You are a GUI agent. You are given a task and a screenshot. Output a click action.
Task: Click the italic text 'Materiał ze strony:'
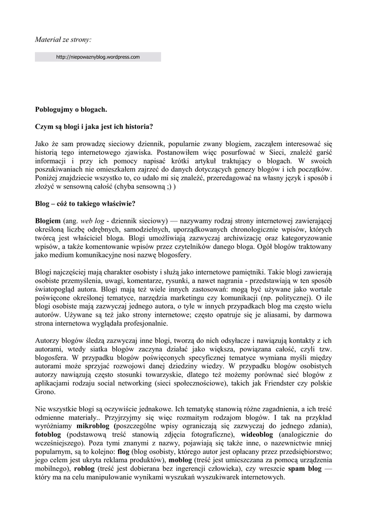pos(63,39)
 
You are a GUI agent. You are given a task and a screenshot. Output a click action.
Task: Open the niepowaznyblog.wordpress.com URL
pos(98,57)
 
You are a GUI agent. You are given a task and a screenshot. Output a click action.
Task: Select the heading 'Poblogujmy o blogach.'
pos(71,109)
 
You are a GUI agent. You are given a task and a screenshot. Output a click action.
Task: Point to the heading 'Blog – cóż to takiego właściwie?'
pos(85,204)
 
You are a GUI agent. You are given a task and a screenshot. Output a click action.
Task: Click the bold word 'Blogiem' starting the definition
pos(48,221)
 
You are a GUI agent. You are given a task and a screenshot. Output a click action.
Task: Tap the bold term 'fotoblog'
pos(48,435)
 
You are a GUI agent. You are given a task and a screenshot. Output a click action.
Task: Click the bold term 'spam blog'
pos(305,469)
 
